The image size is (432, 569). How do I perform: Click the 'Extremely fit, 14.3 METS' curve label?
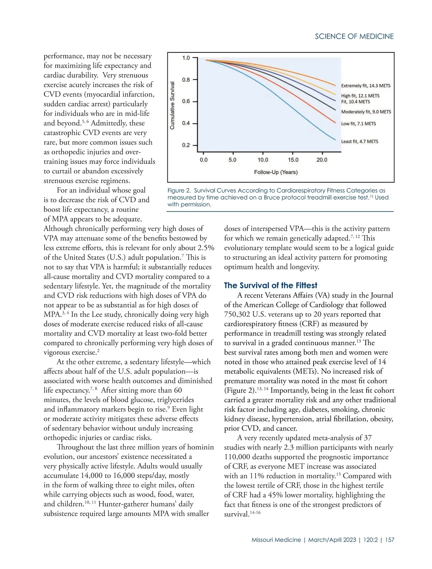365,86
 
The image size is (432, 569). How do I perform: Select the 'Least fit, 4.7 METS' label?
360,141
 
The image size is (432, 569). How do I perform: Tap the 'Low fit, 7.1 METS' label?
358,124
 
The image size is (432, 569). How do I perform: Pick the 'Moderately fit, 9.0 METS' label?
366,112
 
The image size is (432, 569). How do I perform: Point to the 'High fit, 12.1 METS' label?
360,96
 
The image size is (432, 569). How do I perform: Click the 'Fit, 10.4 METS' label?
355,102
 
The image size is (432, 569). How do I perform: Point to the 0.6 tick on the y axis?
186,101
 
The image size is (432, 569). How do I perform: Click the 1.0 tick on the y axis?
186,58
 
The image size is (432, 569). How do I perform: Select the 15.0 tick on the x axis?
293,160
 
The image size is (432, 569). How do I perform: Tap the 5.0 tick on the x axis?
233,160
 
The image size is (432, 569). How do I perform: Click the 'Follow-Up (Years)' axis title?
276,172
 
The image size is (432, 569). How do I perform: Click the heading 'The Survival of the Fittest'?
270,286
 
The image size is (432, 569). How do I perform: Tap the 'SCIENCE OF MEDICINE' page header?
354,36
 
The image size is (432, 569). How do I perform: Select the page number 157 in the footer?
390,540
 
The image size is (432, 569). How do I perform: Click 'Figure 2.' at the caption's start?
179,191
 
